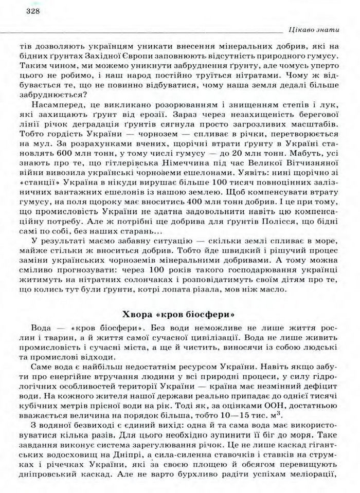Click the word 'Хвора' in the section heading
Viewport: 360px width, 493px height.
coord(138,314)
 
